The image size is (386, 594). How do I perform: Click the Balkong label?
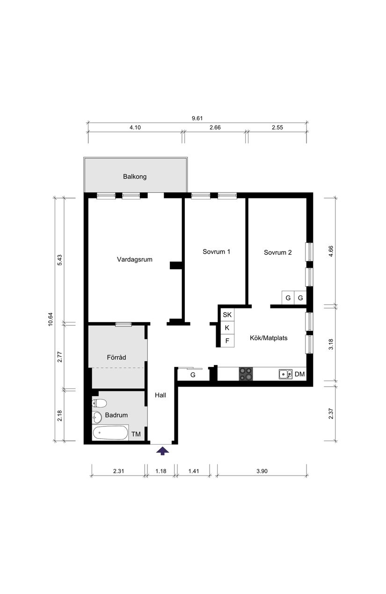(135, 177)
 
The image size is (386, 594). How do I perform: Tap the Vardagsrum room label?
(134, 259)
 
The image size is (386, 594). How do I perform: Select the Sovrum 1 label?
(216, 252)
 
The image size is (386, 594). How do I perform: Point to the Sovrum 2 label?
(277, 252)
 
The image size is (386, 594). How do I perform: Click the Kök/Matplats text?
(269, 337)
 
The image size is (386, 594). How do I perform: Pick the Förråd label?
(117, 358)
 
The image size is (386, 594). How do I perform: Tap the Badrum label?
(116, 415)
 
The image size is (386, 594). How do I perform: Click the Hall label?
(160, 395)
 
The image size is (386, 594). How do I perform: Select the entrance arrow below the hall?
(162, 451)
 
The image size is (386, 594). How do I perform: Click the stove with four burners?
(247, 374)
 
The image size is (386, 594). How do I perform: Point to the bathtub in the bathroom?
(110, 433)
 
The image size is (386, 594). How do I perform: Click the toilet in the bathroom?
(100, 403)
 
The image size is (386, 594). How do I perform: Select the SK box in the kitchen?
(227, 315)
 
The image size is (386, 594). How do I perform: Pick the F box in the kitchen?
(227, 341)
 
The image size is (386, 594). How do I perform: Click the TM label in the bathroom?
(136, 434)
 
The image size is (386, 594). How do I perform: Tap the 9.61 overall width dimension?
(197, 118)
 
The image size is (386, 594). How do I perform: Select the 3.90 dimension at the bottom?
(262, 471)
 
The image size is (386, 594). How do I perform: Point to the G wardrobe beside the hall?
(192, 375)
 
